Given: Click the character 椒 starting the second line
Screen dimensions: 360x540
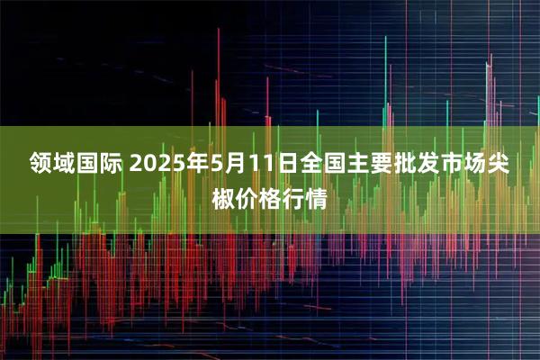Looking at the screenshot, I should pos(223,195).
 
